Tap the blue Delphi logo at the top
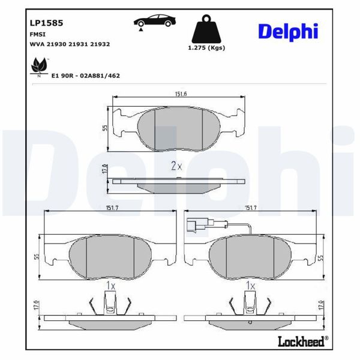288,31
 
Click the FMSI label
37,35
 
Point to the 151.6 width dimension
179,94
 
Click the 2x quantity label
176,166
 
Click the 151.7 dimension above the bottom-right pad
251,208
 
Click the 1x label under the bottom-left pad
110,286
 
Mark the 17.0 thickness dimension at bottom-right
320,306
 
